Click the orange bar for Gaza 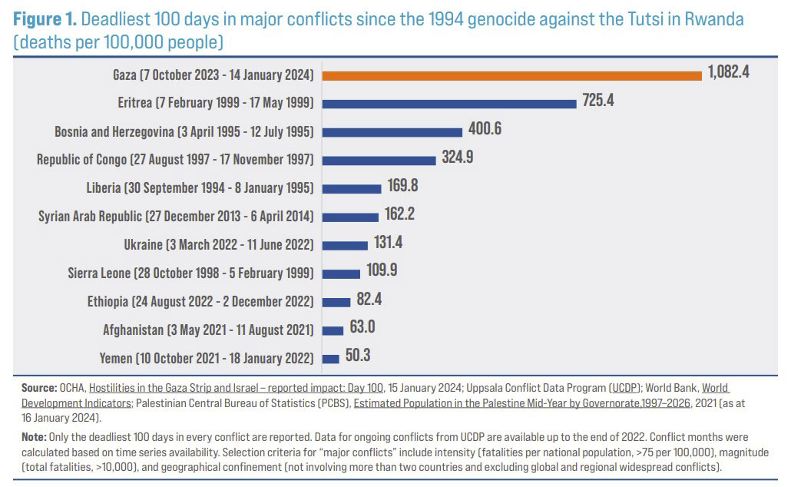click(x=512, y=75)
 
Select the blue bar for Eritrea click(x=449, y=103)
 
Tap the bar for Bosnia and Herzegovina click(x=392, y=131)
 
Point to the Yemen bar click(x=331, y=358)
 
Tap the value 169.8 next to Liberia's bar click(x=402, y=187)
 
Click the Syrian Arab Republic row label click(x=176, y=217)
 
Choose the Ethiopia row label click(x=200, y=301)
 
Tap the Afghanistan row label click(x=208, y=330)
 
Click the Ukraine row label click(x=219, y=244)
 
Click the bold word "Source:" click(x=39, y=389)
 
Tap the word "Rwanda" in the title click(x=712, y=19)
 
